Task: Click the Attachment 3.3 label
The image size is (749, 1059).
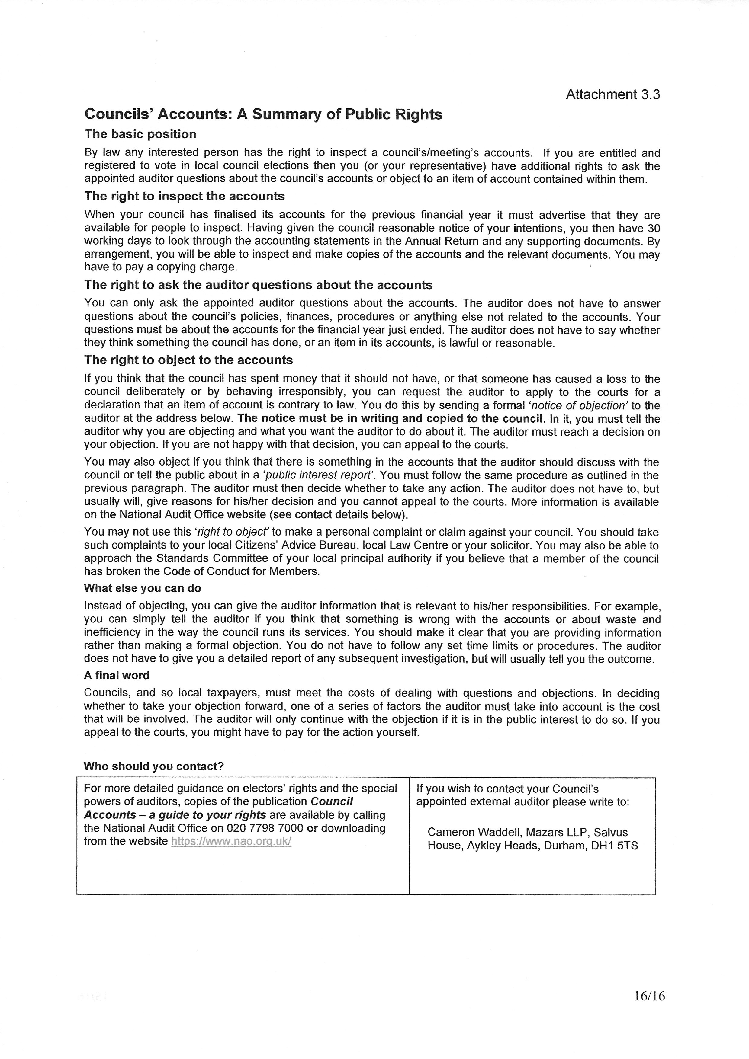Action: (x=612, y=94)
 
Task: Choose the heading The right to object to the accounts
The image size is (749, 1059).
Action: (x=188, y=360)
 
